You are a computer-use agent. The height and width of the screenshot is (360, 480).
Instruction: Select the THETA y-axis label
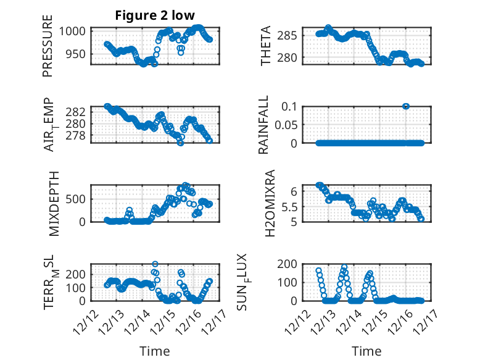266,46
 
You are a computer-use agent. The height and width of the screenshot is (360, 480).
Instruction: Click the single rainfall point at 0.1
406,106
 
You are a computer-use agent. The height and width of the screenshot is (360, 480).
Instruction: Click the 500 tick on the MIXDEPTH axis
78,199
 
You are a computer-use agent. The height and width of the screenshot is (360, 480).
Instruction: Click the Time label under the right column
366,351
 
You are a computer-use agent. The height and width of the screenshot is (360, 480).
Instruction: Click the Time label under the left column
154,351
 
